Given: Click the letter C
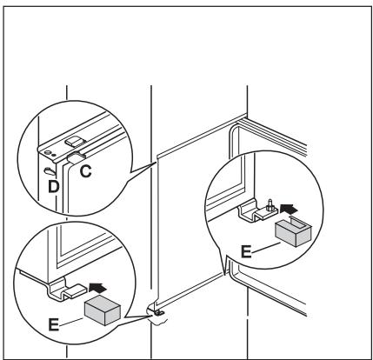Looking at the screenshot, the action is point(86,171).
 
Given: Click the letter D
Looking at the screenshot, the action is point(54,186).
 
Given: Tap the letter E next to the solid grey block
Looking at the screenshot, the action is point(54,324).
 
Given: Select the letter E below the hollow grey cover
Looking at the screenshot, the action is point(246,251).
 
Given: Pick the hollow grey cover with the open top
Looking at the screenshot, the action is point(293,232).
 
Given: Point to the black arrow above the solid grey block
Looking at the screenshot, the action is point(98,287).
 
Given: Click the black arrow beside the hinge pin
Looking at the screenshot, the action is point(289,208).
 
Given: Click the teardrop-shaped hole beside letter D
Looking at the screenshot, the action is point(50,171).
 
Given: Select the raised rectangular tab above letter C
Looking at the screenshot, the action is point(75,141).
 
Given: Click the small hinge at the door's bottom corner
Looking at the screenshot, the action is point(157,312).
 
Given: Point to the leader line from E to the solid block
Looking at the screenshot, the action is point(71,321).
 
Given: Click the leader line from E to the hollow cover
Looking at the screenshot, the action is point(266,248).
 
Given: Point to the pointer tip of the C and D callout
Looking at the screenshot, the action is point(157,163).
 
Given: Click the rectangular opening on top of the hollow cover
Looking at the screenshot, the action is point(300,223).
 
